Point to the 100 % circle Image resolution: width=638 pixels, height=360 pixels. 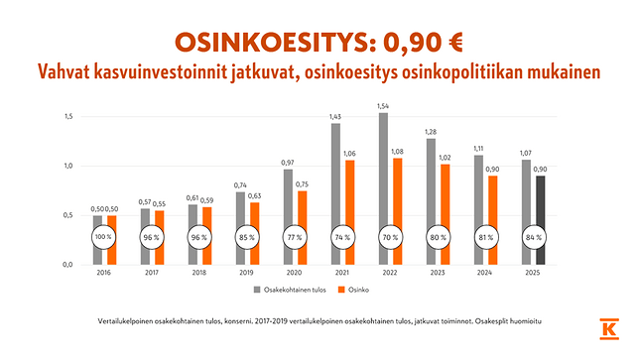coord(103,238)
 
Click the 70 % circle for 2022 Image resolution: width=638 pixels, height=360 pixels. coord(389,238)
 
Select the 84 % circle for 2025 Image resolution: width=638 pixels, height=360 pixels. coord(534,238)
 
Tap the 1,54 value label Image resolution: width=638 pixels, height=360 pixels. coord(384,105)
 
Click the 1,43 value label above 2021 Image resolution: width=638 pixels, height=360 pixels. coord(335,116)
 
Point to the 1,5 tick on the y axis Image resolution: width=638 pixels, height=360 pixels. coord(67,116)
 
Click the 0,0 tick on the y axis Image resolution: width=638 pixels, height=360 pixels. coord(67,264)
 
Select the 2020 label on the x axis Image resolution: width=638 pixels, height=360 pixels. coord(294,273)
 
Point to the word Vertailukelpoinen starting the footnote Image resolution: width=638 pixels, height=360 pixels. coord(132,323)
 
